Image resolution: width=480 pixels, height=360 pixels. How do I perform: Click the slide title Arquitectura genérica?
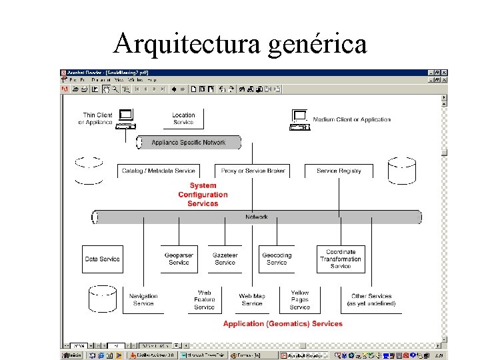pyautogui.click(x=240, y=44)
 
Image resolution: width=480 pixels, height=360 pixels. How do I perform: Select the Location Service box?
pyautogui.click(x=183, y=119)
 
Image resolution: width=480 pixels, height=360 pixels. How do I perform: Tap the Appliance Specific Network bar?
pyautogui.click(x=189, y=143)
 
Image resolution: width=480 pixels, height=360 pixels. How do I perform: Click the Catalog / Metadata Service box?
pyautogui.click(x=159, y=171)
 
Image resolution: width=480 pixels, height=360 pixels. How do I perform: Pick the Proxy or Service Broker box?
pyautogui.click(x=253, y=171)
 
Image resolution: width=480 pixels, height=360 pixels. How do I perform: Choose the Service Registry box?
pyautogui.click(x=339, y=171)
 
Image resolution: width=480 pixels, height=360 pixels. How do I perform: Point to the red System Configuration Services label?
pyautogui.click(x=203, y=195)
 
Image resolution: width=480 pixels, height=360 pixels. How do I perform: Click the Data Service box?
pyautogui.click(x=102, y=259)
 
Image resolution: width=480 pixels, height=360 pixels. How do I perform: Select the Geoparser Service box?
pyautogui.click(x=179, y=259)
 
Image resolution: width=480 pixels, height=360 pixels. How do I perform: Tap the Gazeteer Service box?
pyautogui.click(x=225, y=259)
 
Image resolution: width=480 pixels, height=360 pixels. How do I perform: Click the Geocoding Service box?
pyautogui.click(x=277, y=259)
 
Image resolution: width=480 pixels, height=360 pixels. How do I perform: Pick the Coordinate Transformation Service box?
pyautogui.click(x=341, y=259)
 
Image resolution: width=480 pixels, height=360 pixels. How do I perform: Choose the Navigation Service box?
pyautogui.click(x=143, y=299)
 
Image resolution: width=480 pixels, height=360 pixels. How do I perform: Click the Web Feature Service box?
pyautogui.click(x=204, y=299)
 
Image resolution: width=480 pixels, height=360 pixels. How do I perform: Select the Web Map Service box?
pyautogui.click(x=252, y=299)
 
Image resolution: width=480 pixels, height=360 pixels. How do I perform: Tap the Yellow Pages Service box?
pyautogui.click(x=300, y=299)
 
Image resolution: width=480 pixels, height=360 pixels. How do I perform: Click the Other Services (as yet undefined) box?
pyautogui.click(x=371, y=299)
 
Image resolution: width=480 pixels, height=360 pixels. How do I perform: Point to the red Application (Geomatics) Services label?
pyautogui.click(x=283, y=324)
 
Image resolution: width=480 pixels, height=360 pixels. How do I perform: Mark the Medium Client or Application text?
pyautogui.click(x=351, y=119)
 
